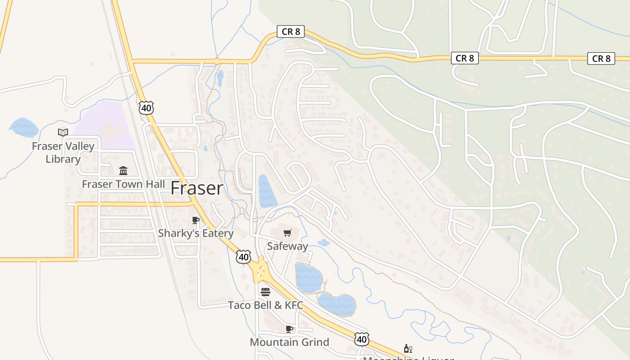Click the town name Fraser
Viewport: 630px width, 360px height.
coord(197,188)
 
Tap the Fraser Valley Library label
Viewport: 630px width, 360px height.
coord(63,152)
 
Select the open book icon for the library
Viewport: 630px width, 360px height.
coord(63,132)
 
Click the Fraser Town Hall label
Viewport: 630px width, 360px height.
coord(123,184)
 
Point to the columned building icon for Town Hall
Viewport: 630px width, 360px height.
coord(123,171)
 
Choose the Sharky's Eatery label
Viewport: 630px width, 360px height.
coord(196,233)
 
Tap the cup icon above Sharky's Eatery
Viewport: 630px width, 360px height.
coord(195,220)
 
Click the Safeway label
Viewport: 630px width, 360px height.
coord(287,246)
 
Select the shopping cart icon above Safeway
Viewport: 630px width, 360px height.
coord(287,233)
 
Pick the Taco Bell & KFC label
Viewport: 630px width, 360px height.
coord(265,305)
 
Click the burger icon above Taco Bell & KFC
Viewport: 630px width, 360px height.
coord(265,292)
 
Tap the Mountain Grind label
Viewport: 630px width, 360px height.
coord(289,342)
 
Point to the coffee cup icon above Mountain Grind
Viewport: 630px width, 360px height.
coord(289,329)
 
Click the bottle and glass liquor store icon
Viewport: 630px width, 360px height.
coord(408,348)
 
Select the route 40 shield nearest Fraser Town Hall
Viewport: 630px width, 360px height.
coord(146,108)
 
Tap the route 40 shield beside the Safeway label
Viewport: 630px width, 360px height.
coord(243,257)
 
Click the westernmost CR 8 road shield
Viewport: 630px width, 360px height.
coord(291,31)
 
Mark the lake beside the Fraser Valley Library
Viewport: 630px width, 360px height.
coord(23,127)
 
